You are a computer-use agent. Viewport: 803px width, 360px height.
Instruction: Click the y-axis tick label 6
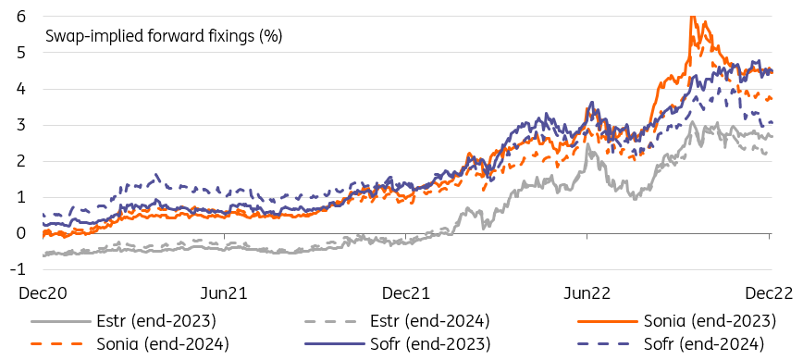[x=20, y=17]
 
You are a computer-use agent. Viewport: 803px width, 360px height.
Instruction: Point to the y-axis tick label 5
[x=20, y=53]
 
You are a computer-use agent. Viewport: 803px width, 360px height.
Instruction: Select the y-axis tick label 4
[x=20, y=89]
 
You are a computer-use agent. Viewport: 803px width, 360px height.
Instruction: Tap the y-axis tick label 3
[x=20, y=125]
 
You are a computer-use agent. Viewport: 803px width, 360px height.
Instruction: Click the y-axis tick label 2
[x=20, y=161]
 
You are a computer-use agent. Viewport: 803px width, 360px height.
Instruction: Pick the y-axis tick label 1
[x=20, y=197]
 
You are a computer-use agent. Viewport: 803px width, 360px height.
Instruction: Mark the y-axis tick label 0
[x=20, y=233]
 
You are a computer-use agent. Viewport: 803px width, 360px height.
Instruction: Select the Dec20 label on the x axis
[x=42, y=292]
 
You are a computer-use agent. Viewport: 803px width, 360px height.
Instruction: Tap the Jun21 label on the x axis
[x=223, y=292]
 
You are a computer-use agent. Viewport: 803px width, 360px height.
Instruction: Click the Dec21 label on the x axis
[x=405, y=292]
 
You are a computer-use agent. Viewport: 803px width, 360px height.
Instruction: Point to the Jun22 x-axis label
[x=587, y=292]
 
